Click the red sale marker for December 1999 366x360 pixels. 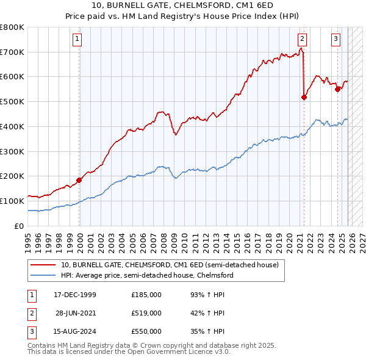pos(79,180)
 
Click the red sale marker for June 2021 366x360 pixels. pos(304,96)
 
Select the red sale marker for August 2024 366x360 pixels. pos(337,89)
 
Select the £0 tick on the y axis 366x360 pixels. pos(18,226)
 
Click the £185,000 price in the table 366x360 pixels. pos(146,295)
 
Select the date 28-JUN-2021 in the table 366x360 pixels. pos(76,313)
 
